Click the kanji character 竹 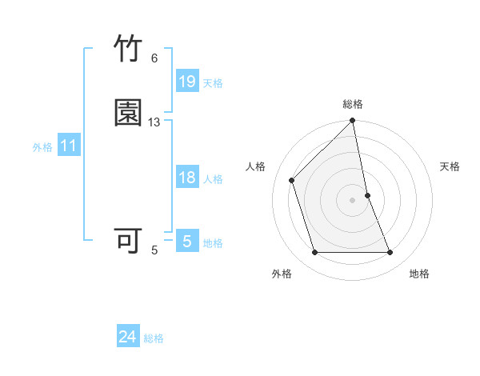tap(129, 49)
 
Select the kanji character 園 tap(129, 113)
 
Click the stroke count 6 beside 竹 tap(154, 58)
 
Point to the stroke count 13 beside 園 tap(154, 122)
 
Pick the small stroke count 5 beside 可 tap(154, 250)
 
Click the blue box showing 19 tap(187, 82)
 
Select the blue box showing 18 tap(187, 178)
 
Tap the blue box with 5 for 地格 tap(187, 242)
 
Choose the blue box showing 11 tap(69, 146)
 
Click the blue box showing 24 tap(128, 338)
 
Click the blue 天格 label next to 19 tap(213, 83)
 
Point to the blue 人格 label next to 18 tap(213, 179)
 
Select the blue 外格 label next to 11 tap(42, 147)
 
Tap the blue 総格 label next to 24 tap(154, 339)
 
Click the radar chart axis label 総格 tap(353, 104)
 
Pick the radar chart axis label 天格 tap(450, 166)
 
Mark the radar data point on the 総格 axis tap(353, 122)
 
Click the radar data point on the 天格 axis tap(367, 195)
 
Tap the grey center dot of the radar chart tap(353, 200)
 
